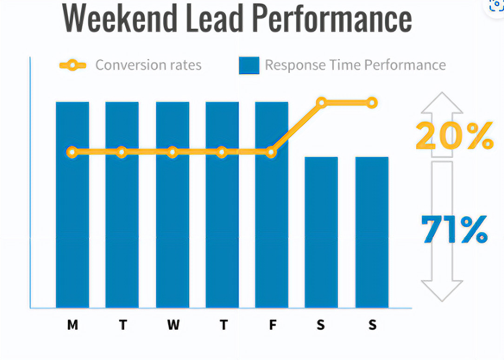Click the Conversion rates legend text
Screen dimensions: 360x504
pyautogui.click(x=148, y=65)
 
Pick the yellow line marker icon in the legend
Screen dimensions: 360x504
pyautogui.click(x=73, y=65)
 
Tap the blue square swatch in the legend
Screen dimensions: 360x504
pyautogui.click(x=249, y=66)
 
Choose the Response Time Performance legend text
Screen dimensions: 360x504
pyautogui.click(x=355, y=65)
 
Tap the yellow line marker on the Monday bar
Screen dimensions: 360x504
pyautogui.click(x=72, y=152)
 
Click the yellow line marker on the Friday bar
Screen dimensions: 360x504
pyautogui.click(x=272, y=152)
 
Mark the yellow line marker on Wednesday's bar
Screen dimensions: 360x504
pyautogui.click(x=172, y=152)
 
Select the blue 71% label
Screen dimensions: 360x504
pyautogui.click(x=454, y=230)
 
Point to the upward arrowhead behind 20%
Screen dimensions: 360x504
pyautogui.click(x=442, y=103)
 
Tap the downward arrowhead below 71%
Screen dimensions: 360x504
pyautogui.click(x=442, y=289)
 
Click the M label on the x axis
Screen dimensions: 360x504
pyautogui.click(x=73, y=325)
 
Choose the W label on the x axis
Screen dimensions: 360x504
pyautogui.click(x=173, y=325)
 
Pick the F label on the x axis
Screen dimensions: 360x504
pyautogui.click(x=272, y=325)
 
